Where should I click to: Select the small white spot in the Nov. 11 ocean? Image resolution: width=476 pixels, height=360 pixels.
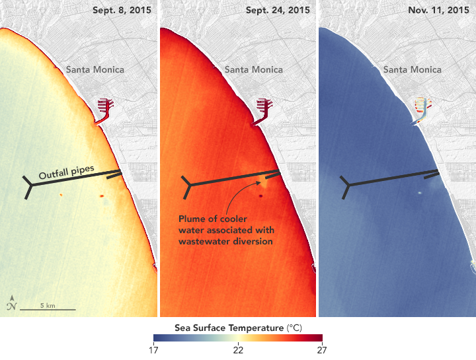click(420, 193)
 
